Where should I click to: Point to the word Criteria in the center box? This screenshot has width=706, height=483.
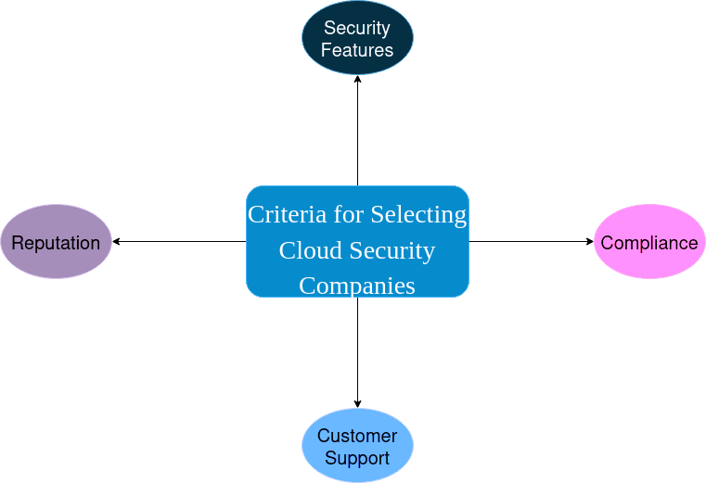coord(287,214)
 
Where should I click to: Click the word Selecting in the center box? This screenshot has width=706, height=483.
coord(418,214)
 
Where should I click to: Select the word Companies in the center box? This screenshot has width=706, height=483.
coord(357,286)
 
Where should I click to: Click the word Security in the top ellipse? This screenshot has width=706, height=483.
coord(357,28)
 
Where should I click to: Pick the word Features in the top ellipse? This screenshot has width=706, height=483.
coord(357,50)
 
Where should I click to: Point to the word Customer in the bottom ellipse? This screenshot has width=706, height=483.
coord(357,436)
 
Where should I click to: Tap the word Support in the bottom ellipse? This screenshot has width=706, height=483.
coord(357,458)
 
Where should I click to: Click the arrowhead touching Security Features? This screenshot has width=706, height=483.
coord(357,80)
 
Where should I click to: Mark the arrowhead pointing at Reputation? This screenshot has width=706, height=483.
coord(117,242)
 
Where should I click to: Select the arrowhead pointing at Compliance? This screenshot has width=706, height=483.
coord(589,242)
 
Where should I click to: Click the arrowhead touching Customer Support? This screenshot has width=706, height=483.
coord(357,403)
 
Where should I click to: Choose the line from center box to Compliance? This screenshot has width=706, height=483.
coord(529,242)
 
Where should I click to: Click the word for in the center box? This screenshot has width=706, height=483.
coord(349,214)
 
